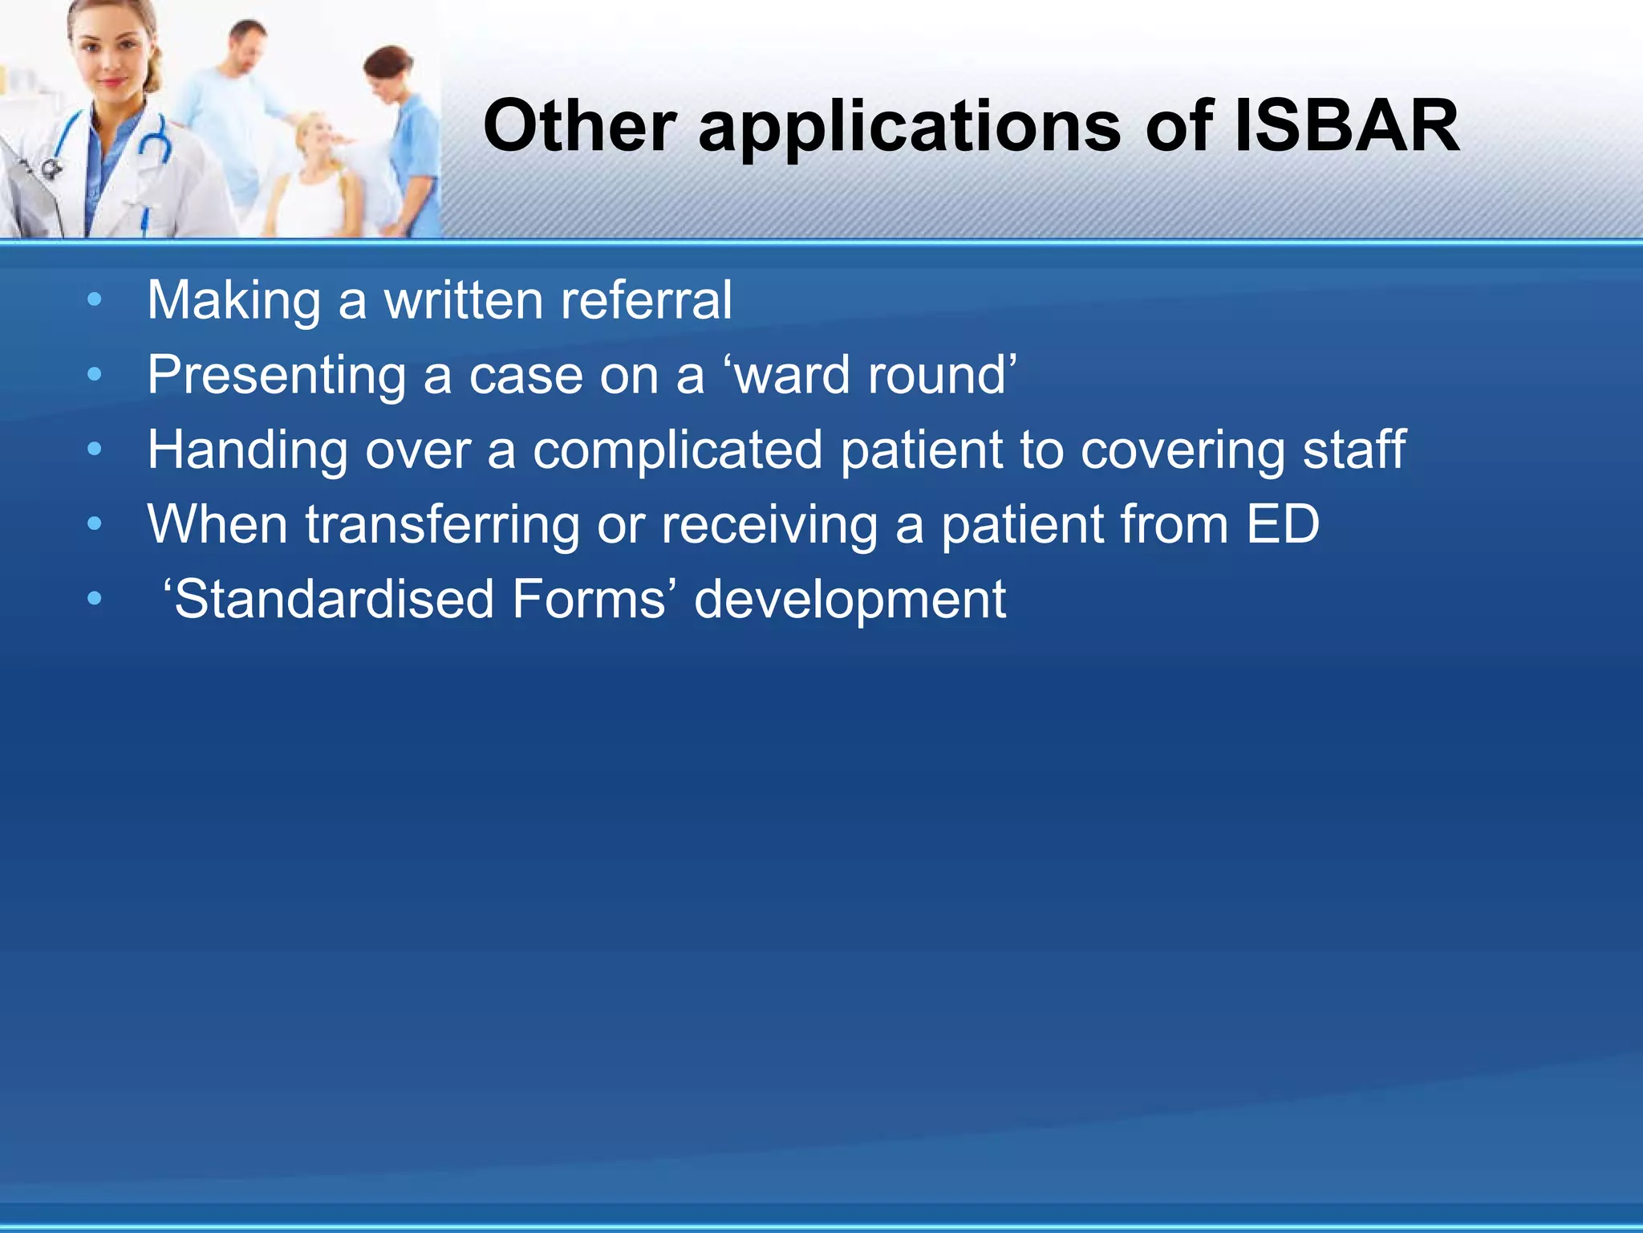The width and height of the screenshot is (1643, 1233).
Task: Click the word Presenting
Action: (x=276, y=376)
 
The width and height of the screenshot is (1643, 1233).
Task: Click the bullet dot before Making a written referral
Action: (x=95, y=300)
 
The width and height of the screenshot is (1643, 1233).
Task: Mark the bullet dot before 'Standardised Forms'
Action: (x=95, y=599)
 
